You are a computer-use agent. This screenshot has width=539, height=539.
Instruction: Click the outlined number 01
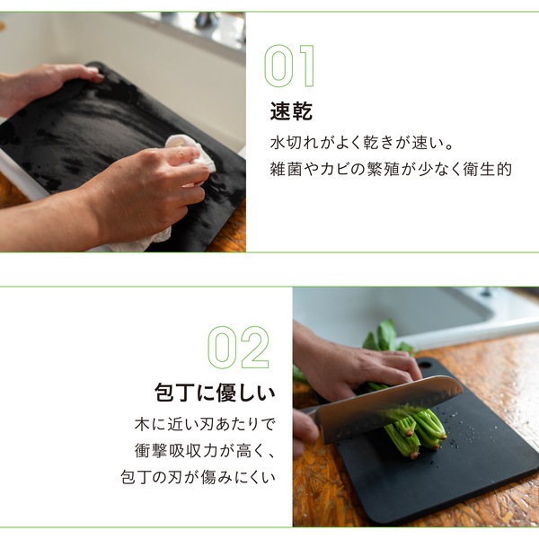(x=289, y=66)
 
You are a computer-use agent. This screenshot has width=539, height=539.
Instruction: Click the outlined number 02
(x=239, y=347)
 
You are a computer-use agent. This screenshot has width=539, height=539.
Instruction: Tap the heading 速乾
(x=291, y=111)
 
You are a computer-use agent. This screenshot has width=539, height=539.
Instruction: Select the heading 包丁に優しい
(x=216, y=393)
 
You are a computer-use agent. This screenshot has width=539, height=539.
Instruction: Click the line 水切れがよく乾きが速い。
(x=361, y=143)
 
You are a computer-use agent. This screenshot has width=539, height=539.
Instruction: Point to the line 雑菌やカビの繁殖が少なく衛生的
(x=391, y=169)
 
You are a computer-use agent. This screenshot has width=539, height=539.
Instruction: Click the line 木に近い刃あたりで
(x=205, y=424)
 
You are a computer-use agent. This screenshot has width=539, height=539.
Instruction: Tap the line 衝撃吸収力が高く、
(x=205, y=451)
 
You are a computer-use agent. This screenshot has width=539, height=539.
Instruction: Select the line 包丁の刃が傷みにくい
(x=198, y=477)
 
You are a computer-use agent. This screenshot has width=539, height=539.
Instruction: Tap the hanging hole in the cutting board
(x=425, y=363)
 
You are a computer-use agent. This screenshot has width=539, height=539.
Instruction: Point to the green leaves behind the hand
(x=386, y=337)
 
